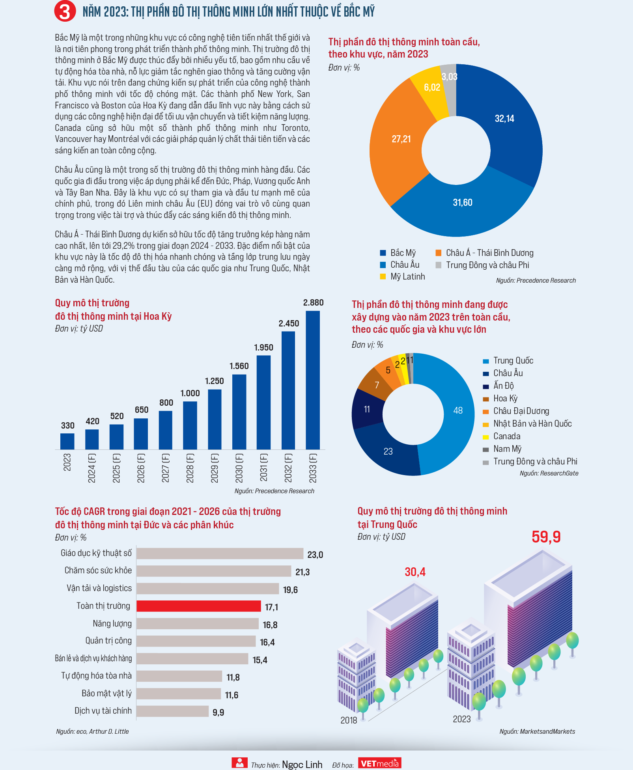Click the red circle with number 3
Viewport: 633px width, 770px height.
coord(65,11)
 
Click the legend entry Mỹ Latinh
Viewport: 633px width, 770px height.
coord(403,277)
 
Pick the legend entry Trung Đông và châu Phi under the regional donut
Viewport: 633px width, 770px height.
coord(482,265)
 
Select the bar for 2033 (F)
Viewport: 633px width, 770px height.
coord(313,380)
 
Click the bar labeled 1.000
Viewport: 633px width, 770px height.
coord(190,425)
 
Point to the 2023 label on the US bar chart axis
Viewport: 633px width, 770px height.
coord(67,462)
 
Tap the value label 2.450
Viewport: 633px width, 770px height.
coord(289,324)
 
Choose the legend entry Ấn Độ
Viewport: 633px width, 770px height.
coord(499,386)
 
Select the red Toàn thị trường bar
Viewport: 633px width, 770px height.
coord(199,606)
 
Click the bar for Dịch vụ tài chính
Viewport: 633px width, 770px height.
coord(173,711)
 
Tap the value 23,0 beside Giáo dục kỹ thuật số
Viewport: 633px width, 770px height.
coord(315,555)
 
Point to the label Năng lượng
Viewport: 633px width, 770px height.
coord(112,624)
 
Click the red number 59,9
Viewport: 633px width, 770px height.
coord(546,537)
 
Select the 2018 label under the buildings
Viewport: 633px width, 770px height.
coord(349,720)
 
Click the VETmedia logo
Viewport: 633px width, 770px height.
coord(380,763)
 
